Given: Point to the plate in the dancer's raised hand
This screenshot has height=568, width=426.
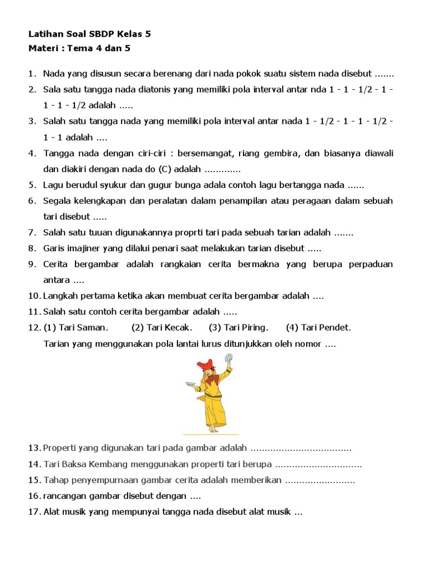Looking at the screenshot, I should [x=227, y=358].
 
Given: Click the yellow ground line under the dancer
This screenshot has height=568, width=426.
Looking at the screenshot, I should [x=211, y=434].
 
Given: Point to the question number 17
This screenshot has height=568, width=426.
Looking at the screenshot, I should [x=34, y=512].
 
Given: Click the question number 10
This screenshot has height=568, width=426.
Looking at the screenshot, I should [x=34, y=296].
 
